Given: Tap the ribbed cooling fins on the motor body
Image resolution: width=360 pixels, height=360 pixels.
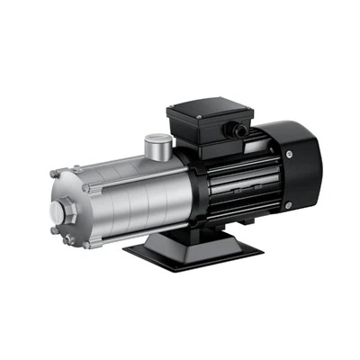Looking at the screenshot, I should tap(229, 184).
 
